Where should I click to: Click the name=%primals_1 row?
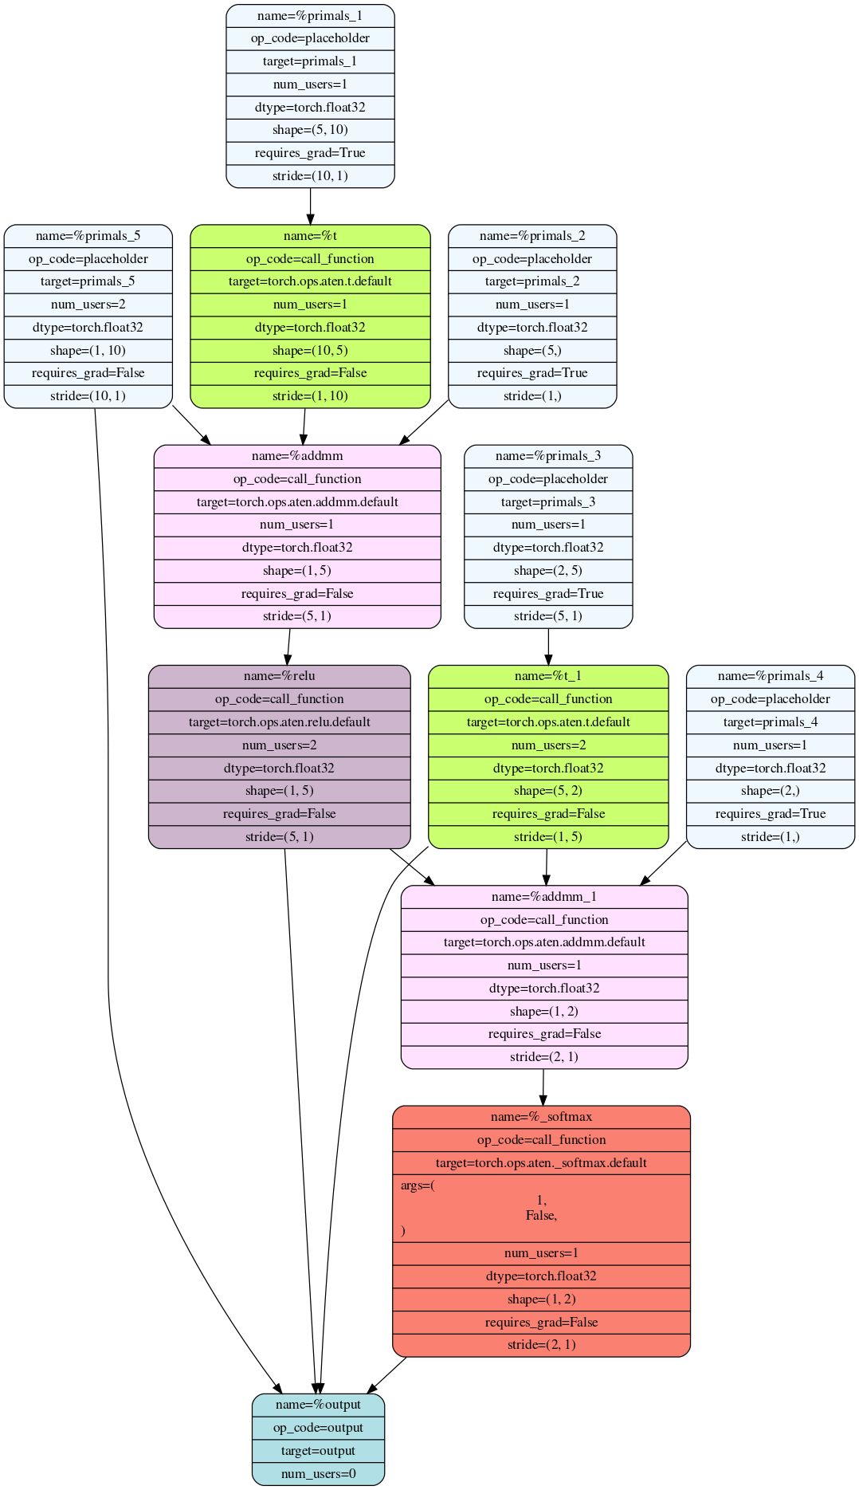[310, 16]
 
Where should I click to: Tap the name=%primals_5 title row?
[88, 236]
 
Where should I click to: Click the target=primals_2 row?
[532, 281]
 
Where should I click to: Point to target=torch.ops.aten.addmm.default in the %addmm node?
[297, 502]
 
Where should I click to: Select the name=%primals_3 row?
[548, 456]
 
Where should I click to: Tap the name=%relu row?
[280, 676]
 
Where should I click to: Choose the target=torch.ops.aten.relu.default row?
[280, 722]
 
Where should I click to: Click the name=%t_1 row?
[548, 676]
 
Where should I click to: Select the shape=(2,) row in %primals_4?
[771, 791]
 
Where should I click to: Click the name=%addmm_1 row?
[544, 897]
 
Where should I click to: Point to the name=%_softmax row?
[541, 1117]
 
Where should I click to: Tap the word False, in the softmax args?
[541, 1216]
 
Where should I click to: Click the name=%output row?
[318, 1405]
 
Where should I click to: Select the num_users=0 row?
[318, 1474]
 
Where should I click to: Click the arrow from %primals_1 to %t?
[310, 206]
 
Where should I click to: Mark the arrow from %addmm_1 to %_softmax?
[543, 1087]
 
